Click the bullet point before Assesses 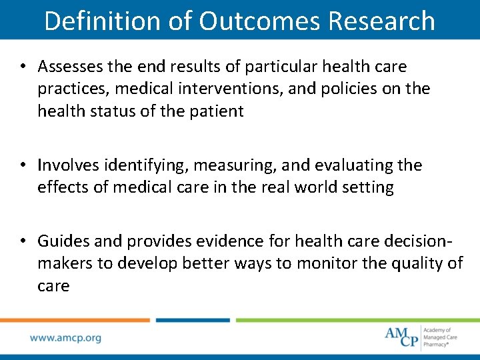(23, 67)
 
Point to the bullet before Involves (23, 165)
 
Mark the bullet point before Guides (23, 241)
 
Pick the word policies (346, 89)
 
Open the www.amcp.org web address (65, 338)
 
